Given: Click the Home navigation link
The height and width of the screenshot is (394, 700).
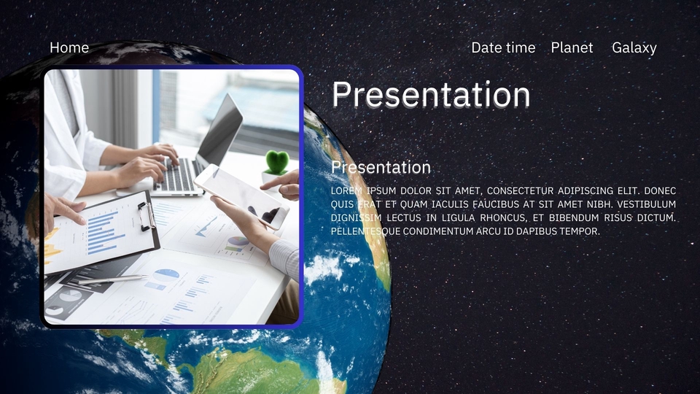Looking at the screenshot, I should pyautogui.click(x=69, y=47).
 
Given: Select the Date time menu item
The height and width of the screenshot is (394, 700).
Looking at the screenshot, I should pyautogui.click(x=503, y=47).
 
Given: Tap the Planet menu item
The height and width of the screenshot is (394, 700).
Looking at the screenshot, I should pyautogui.click(x=572, y=47).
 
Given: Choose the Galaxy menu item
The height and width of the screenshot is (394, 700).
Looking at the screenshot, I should pyautogui.click(x=634, y=47).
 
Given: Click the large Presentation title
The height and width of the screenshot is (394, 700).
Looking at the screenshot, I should pyautogui.click(x=431, y=95).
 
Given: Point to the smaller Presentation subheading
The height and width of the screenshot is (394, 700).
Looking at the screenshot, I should pyautogui.click(x=381, y=167).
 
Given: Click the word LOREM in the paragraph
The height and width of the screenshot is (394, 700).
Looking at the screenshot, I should pyautogui.click(x=346, y=191).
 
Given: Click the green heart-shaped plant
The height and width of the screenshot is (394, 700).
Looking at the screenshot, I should pyautogui.click(x=276, y=161).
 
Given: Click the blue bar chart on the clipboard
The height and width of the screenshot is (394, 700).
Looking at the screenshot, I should pyautogui.click(x=102, y=232).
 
